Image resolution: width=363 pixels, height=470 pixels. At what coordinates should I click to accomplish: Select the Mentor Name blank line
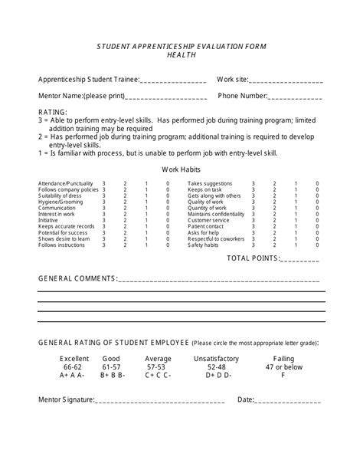tap(166, 97)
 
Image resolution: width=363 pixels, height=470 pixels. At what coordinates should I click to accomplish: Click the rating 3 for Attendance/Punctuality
tap(104, 184)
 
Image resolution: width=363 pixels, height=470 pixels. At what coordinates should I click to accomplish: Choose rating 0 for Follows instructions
tap(168, 245)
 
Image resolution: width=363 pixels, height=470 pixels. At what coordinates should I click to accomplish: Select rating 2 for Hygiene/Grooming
tap(126, 202)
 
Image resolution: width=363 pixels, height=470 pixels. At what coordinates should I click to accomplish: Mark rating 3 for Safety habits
tap(253, 245)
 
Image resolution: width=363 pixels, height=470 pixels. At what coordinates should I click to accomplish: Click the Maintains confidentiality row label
tap(216, 214)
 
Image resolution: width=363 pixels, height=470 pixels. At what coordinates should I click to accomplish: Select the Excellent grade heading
tap(75, 358)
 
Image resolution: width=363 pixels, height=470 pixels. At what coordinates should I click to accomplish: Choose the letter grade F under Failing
tap(283, 376)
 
